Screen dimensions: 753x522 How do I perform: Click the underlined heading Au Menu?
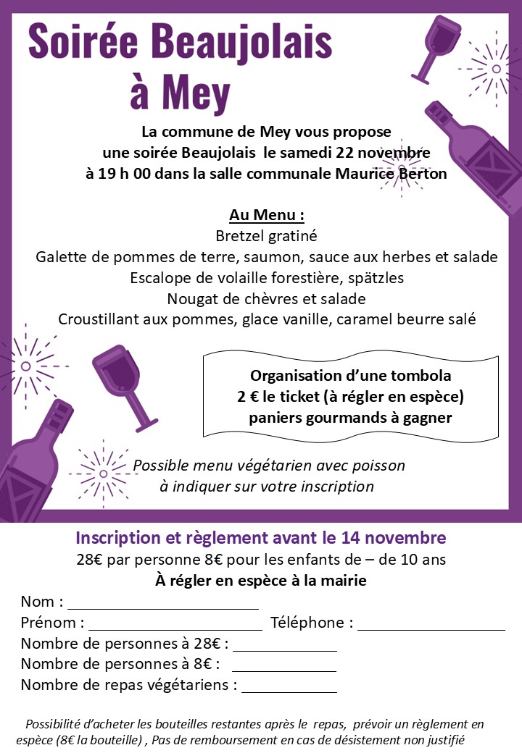[266, 215]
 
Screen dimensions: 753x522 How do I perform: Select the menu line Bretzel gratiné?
[266, 236]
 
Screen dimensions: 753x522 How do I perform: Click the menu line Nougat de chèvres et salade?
[266, 298]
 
